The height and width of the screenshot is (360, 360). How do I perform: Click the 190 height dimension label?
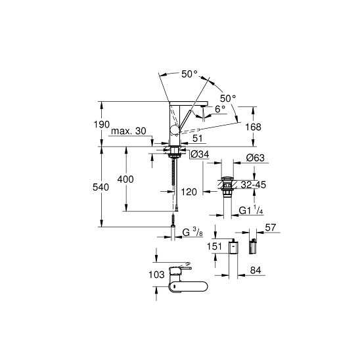(101, 125)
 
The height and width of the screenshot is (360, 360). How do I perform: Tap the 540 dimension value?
(101, 187)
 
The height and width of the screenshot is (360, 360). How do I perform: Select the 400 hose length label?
(125, 179)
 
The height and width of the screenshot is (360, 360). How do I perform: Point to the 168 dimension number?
(253, 127)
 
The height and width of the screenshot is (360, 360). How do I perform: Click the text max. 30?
(129, 131)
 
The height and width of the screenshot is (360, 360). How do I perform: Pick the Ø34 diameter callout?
(200, 154)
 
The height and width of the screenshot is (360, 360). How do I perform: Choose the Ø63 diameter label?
(255, 158)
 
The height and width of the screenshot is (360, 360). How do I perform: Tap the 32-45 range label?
(254, 185)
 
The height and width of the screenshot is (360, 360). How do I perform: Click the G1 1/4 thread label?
(251, 210)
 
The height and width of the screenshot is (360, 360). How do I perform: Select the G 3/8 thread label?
(192, 233)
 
